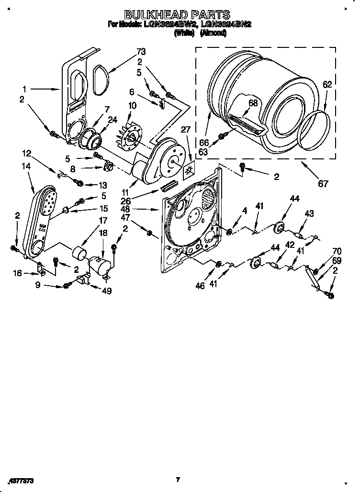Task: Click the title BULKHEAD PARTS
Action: click(177, 15)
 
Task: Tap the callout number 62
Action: click(327, 85)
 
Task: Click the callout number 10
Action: click(132, 105)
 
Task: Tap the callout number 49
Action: click(107, 291)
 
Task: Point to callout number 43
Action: click(309, 213)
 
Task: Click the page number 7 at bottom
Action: click(178, 479)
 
